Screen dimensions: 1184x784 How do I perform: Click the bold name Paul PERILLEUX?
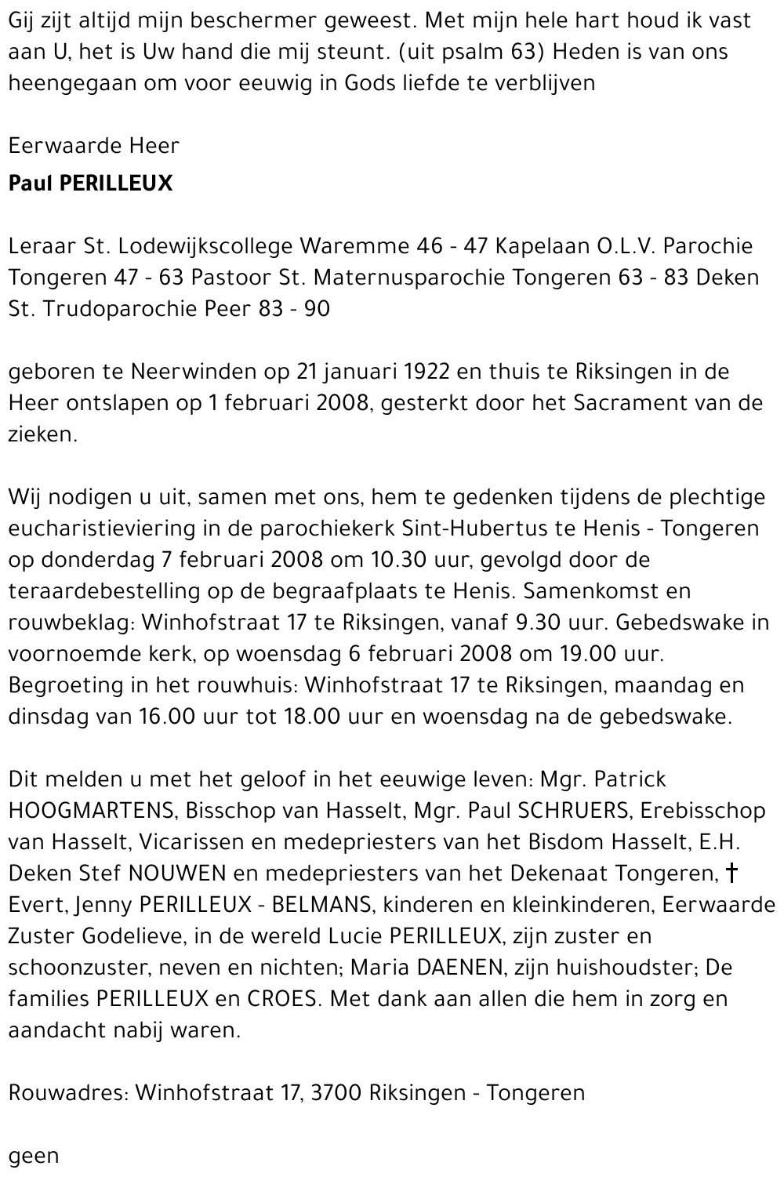coord(90,183)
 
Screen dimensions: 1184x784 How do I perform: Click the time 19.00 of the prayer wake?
coord(615,654)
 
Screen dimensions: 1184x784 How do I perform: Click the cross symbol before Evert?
coord(732,872)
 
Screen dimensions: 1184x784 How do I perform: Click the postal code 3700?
coord(337,1093)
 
